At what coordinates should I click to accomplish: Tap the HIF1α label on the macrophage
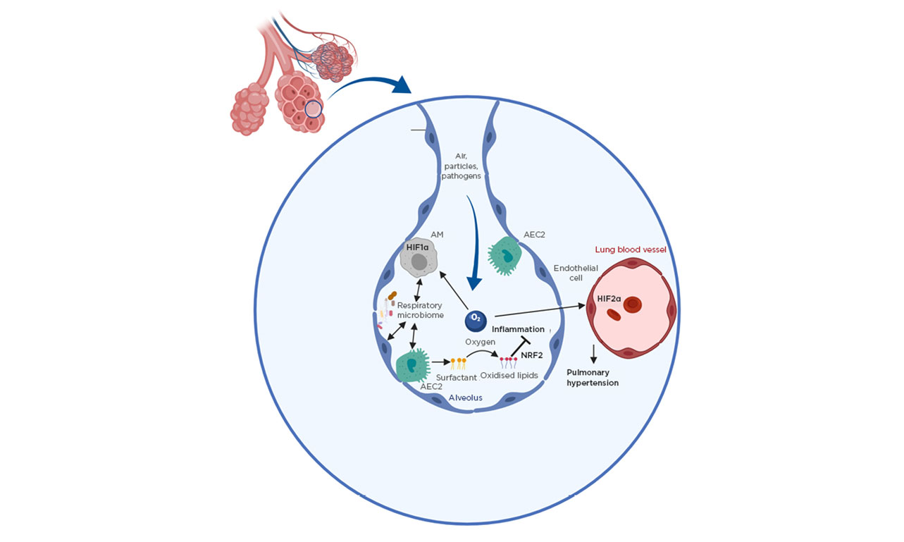tap(418, 247)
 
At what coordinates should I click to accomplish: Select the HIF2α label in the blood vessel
tap(609, 299)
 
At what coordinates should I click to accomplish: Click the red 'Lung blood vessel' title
tap(631, 250)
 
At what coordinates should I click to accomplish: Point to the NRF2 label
tap(533, 355)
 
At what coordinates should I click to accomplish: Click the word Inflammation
tap(518, 329)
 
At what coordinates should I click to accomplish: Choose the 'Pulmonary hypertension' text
tap(593, 377)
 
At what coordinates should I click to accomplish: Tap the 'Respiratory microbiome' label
tap(420, 310)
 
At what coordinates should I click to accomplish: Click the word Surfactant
tap(462, 377)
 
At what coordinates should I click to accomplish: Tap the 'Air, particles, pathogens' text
tap(462, 165)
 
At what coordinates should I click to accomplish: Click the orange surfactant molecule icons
tap(459, 363)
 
